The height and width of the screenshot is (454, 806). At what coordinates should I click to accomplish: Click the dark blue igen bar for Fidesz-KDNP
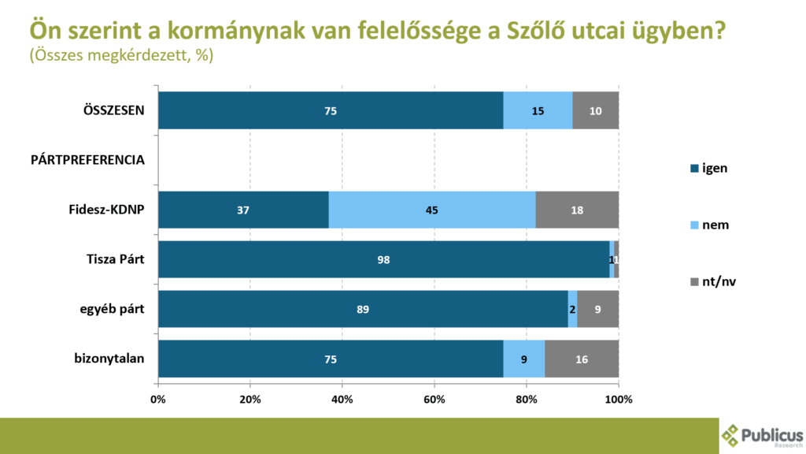pos(243,210)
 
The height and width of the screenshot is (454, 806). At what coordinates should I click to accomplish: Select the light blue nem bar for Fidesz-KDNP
pos(432,210)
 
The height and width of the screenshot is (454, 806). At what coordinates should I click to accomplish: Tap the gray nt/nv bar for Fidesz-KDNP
pos(577,210)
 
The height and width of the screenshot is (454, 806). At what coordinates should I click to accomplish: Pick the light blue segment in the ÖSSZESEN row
pos(538,110)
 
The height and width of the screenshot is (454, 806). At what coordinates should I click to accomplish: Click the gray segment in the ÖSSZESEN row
pos(595,110)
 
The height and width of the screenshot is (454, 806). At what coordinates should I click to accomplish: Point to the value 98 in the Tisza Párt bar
pos(383,260)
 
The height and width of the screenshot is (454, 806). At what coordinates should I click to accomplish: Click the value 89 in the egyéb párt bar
pos(363,310)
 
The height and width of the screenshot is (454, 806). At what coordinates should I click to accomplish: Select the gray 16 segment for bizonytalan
pos(582,359)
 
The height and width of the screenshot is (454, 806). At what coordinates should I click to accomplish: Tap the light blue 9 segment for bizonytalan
pos(523,359)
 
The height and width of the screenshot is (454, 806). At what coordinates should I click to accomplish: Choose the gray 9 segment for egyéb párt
pos(598,310)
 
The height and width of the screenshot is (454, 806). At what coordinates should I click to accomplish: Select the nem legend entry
pos(715,225)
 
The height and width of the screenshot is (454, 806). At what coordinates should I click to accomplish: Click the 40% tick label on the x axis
pos(342,399)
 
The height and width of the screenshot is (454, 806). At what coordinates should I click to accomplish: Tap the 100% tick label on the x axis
pos(619,399)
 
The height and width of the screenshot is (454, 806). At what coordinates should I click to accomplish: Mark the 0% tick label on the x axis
pos(158,399)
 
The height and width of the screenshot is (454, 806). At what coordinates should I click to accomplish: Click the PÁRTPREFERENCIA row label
pos(87,160)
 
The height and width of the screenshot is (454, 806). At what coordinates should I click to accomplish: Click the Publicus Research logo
pos(762,436)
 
